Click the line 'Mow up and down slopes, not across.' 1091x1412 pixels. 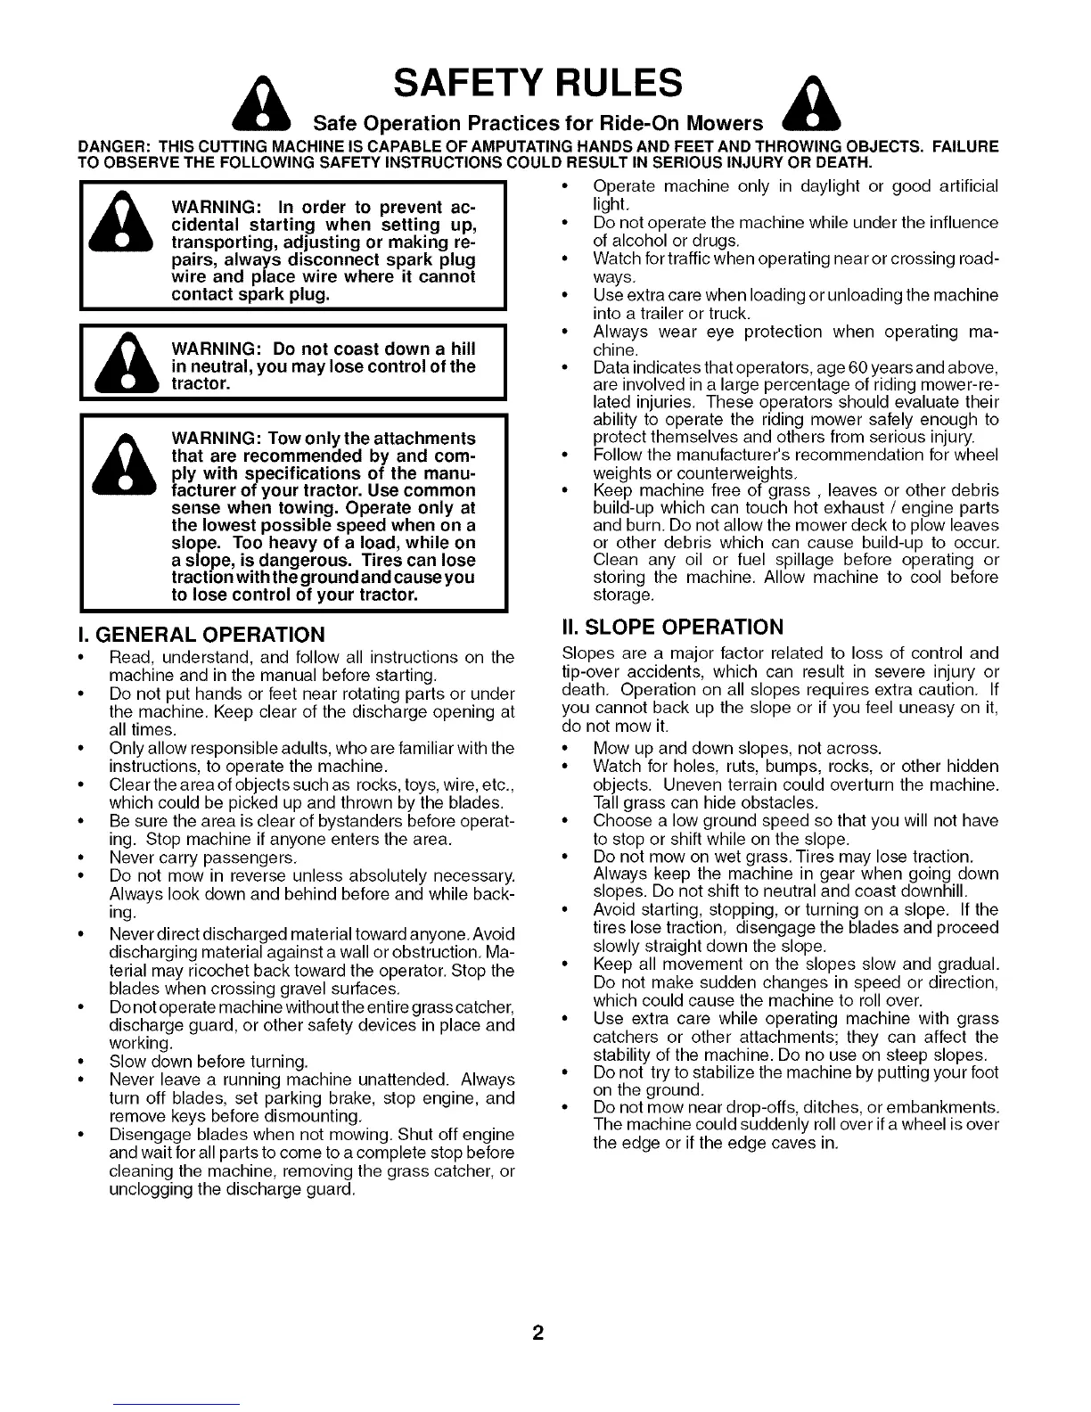pos(737,748)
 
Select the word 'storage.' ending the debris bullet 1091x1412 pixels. pos(624,595)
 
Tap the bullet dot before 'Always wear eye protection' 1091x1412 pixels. pos(564,332)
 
